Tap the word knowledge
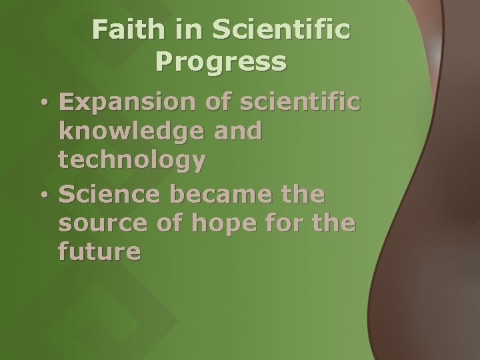tap(130, 132)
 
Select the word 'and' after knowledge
tap(237, 132)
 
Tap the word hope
tap(221, 225)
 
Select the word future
tap(99, 253)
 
